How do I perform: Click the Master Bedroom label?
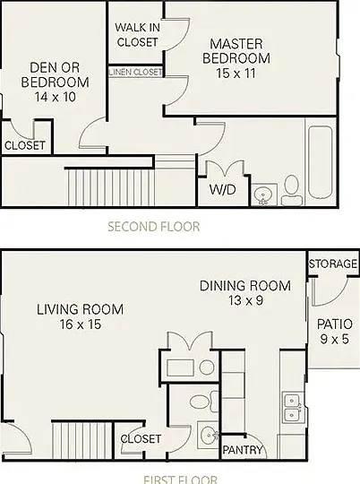click(x=236, y=51)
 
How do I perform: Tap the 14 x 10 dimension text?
click(x=56, y=97)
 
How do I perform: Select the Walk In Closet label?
click(x=137, y=35)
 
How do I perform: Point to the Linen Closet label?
click(x=135, y=72)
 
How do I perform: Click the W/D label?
click(x=222, y=189)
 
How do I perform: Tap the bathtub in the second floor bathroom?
click(x=321, y=163)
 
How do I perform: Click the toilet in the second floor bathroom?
click(x=291, y=190)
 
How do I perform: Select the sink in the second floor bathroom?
click(x=263, y=194)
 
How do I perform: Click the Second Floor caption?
click(x=154, y=227)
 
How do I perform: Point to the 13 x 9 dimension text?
click(x=246, y=300)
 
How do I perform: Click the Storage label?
click(x=333, y=264)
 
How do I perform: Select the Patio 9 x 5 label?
click(x=335, y=332)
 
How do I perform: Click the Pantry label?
click(x=243, y=450)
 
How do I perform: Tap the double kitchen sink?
click(x=292, y=408)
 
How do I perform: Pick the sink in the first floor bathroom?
click(x=209, y=436)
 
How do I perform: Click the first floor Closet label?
click(x=141, y=439)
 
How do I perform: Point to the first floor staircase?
click(x=82, y=440)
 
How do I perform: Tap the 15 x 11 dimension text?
click(x=236, y=73)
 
